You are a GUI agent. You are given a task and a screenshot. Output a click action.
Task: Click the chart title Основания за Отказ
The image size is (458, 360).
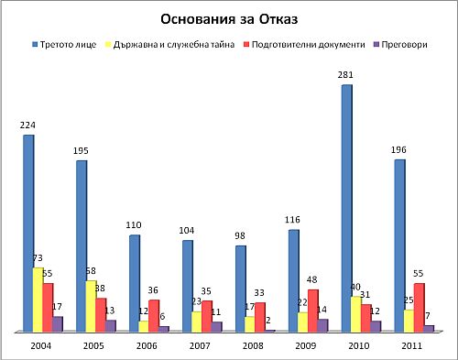click(x=229, y=19)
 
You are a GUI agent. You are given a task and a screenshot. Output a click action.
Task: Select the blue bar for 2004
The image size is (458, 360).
click(x=28, y=233)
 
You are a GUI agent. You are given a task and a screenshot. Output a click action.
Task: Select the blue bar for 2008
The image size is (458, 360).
click(x=241, y=288)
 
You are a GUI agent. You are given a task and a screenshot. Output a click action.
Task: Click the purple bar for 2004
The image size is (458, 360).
click(x=59, y=323)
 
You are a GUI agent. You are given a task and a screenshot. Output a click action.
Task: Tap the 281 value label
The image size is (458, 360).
click(x=347, y=77)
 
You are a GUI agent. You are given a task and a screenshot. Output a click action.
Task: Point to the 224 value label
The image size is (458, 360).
click(x=28, y=126)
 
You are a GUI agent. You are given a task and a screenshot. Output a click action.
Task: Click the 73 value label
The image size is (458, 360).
click(x=39, y=259)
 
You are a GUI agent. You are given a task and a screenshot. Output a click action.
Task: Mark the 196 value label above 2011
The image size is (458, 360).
click(x=399, y=151)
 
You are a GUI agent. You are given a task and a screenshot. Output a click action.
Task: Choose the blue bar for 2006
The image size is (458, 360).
click(x=135, y=282)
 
